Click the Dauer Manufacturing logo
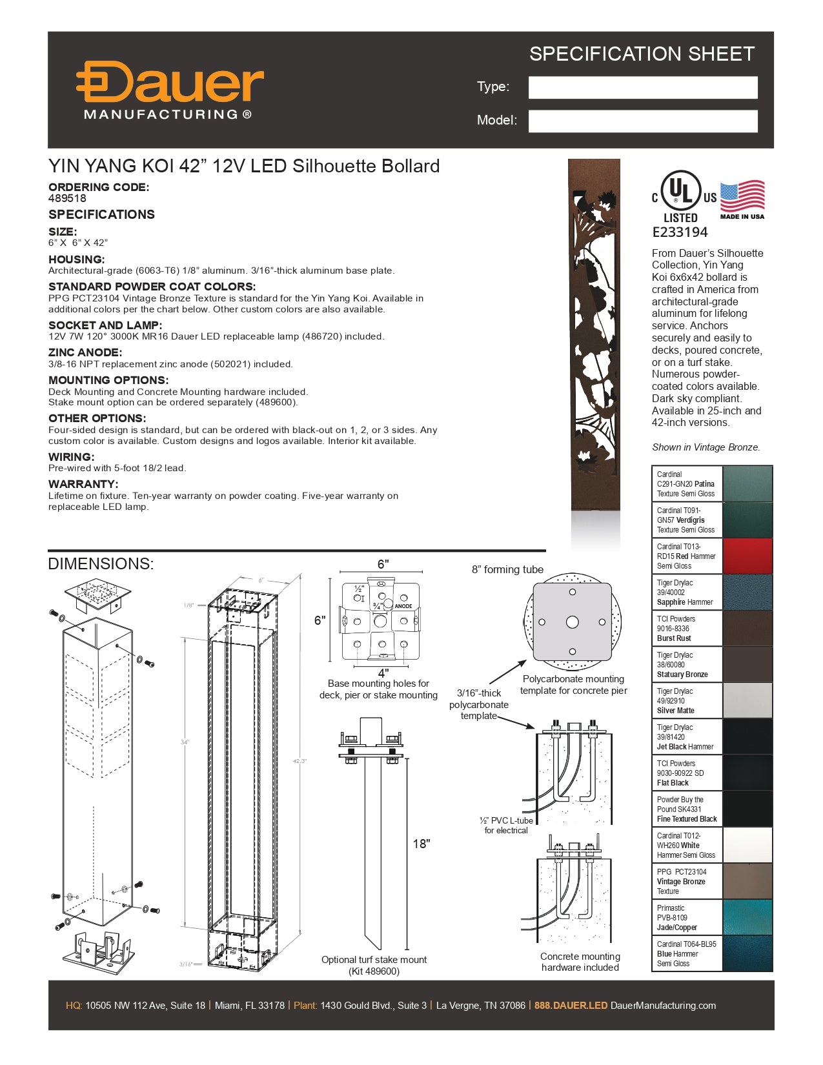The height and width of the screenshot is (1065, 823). [169, 90]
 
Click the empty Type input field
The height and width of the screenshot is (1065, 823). [642, 87]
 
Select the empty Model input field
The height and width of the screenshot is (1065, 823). [642, 121]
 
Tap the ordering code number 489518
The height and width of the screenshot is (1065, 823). [67, 199]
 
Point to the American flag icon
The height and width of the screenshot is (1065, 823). [742, 197]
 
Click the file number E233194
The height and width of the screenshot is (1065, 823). [680, 232]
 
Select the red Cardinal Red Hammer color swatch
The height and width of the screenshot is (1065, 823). [747, 556]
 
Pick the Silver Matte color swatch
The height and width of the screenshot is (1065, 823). [747, 700]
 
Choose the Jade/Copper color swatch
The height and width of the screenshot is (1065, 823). [747, 917]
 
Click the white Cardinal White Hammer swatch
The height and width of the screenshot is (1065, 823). [747, 845]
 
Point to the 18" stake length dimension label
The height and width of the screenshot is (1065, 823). [421, 844]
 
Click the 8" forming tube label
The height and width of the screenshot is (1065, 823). [507, 569]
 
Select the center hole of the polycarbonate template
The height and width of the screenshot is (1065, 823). [572, 622]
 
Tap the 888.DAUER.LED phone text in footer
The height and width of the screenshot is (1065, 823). [571, 1006]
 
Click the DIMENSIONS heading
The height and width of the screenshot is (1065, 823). [101, 563]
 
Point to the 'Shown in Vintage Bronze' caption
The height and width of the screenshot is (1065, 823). [706, 447]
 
